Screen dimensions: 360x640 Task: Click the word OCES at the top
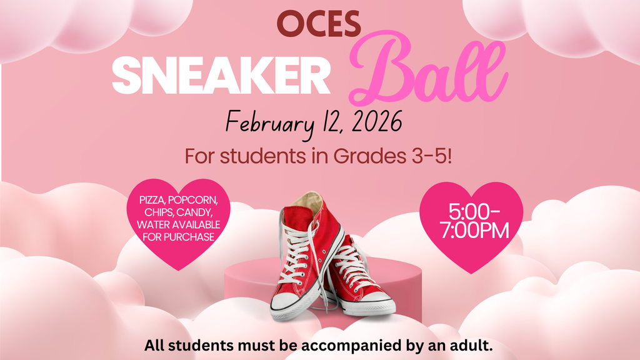tap(319, 24)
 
